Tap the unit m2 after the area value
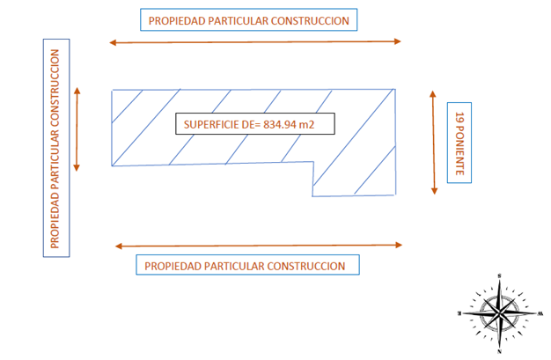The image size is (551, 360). pyautogui.click(x=305, y=125)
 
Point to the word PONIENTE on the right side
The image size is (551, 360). pyautogui.click(x=459, y=151)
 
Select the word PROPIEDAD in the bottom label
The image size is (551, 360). pyautogui.click(x=169, y=265)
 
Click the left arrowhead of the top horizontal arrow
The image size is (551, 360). pyautogui.click(x=109, y=41)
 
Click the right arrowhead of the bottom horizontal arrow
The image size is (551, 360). pyautogui.click(x=400, y=246)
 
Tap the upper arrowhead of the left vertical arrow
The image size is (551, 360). pyautogui.click(x=77, y=90)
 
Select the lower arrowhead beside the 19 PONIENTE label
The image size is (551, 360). pyautogui.click(x=434, y=190)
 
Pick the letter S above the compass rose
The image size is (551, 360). pyautogui.click(x=500, y=276)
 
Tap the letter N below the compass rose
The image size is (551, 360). pyautogui.click(x=500, y=351)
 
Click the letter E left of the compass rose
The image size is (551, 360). pyautogui.click(x=459, y=313)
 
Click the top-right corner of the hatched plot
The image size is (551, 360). pyautogui.click(x=395, y=88)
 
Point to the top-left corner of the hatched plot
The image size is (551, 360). pyautogui.click(x=112, y=90)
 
